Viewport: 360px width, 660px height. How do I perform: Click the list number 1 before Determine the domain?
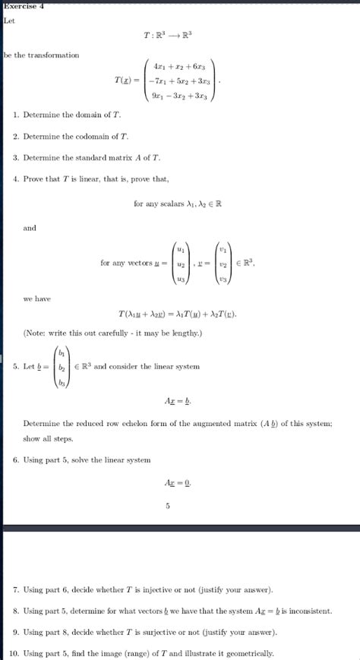16,114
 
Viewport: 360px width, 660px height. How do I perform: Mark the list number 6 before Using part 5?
16,459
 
